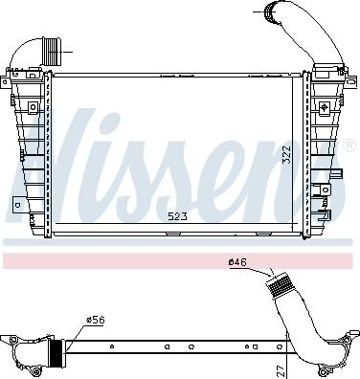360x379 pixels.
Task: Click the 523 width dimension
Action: [x=177, y=217]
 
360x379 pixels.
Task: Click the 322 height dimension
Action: [x=287, y=155]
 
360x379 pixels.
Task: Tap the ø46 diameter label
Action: [x=237, y=262]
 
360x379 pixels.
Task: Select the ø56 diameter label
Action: [x=96, y=320]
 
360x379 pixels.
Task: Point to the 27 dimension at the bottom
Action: [x=281, y=371]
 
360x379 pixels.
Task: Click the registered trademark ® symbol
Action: [x=350, y=145]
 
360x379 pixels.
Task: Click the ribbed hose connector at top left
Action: [x=52, y=51]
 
